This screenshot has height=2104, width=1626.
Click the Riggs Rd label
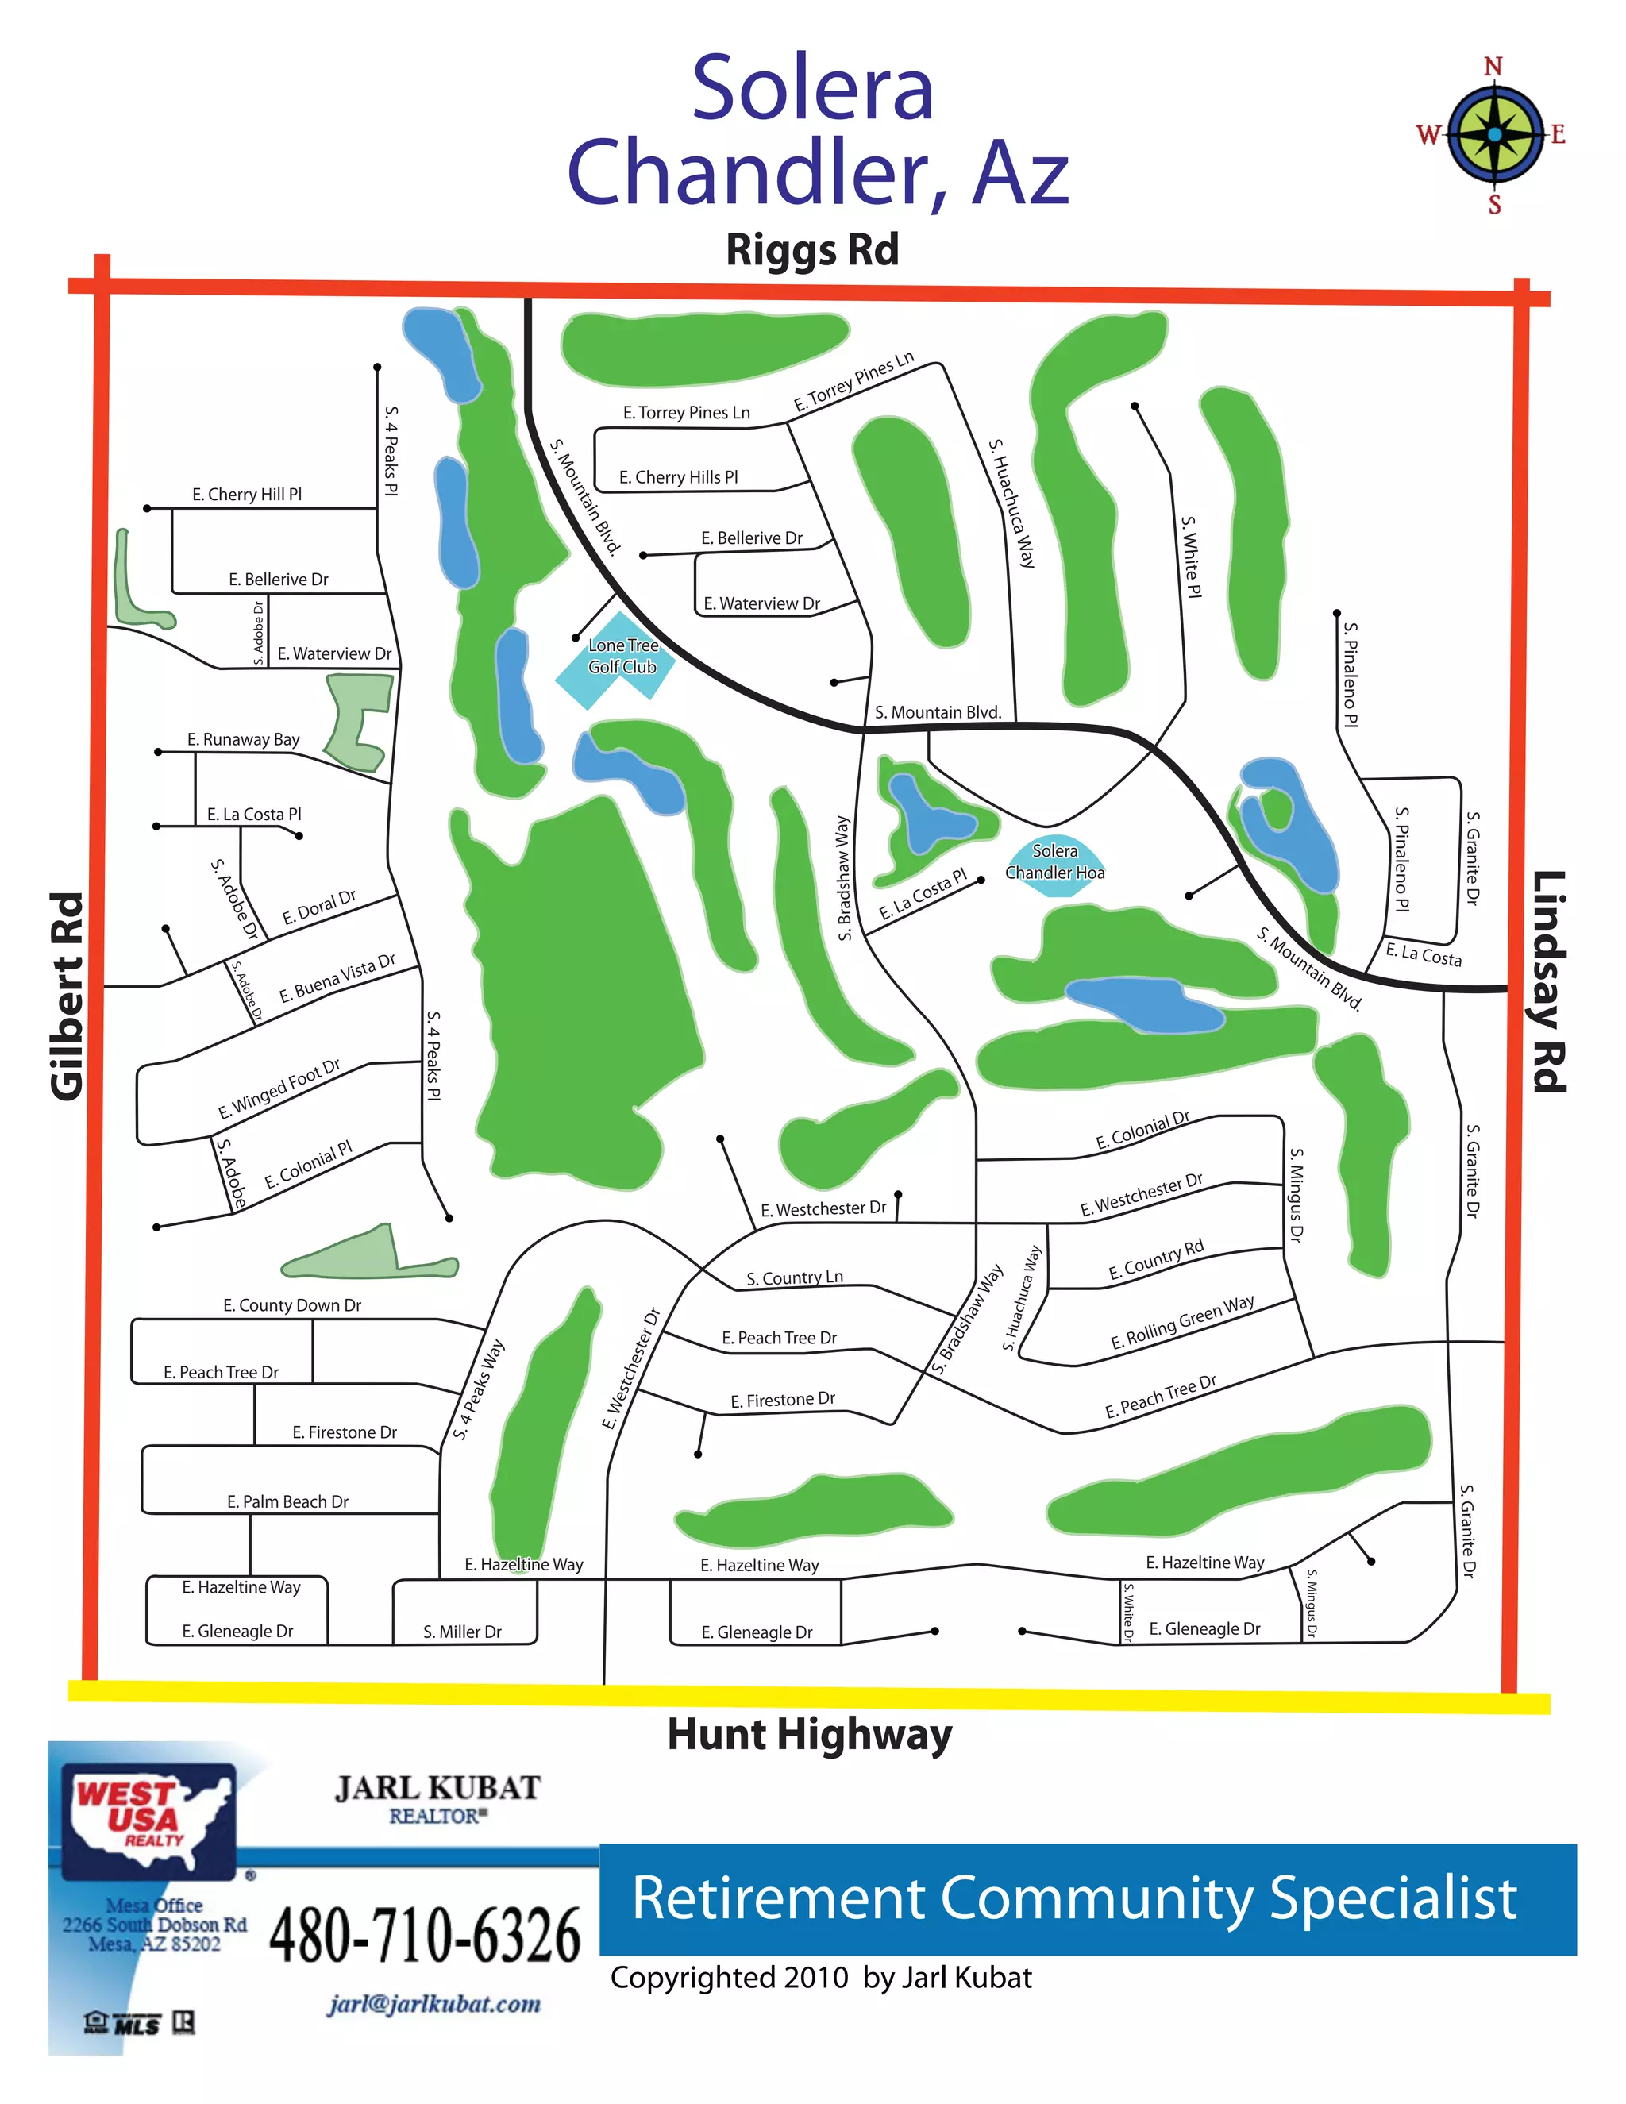pyautogui.click(x=812, y=249)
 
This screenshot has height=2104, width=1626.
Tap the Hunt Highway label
pyautogui.click(x=809, y=1735)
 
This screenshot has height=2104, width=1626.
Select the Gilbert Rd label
pyautogui.click(x=67, y=996)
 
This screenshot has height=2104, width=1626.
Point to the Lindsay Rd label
pyautogui.click(x=1549, y=981)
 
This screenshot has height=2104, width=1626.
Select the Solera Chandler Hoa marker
pyautogui.click(x=1055, y=862)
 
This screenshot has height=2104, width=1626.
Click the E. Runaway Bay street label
pyautogui.click(x=243, y=740)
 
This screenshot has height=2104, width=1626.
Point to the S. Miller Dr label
pyautogui.click(x=462, y=1632)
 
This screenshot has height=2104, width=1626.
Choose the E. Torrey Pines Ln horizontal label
pyautogui.click(x=686, y=412)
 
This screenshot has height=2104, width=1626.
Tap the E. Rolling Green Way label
pyautogui.click(x=1182, y=1323)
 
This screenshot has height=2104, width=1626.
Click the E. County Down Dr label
pyautogui.click(x=292, y=1305)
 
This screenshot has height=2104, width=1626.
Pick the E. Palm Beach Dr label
pyautogui.click(x=287, y=1502)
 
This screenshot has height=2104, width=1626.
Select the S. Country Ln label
pyautogui.click(x=795, y=1277)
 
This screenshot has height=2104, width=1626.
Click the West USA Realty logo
pyautogui.click(x=149, y=1820)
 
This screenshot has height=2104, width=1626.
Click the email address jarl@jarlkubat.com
pyautogui.click(x=433, y=2004)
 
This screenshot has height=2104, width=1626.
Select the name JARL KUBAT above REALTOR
pyautogui.click(x=437, y=1789)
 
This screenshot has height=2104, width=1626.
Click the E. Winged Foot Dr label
pyautogui.click(x=279, y=1089)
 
